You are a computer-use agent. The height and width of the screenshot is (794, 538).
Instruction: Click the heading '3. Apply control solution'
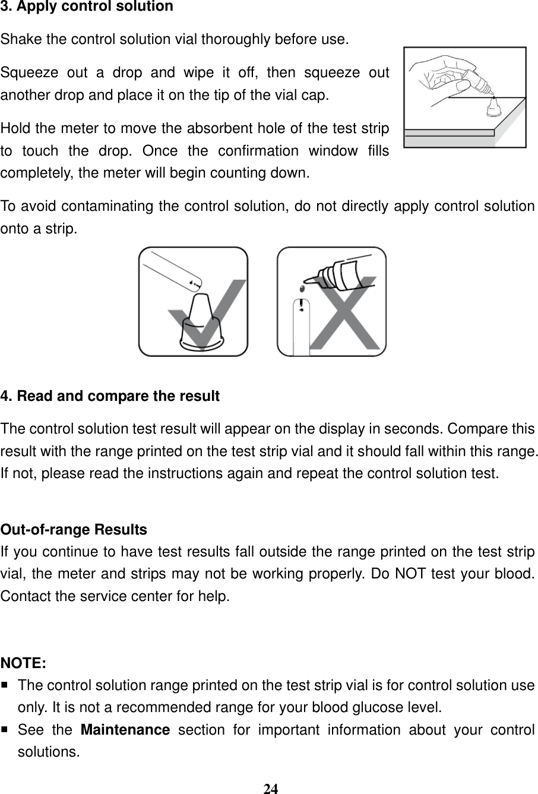pyautogui.click(x=87, y=7)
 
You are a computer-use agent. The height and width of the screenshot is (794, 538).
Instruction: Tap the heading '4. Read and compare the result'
pyautogui.click(x=110, y=396)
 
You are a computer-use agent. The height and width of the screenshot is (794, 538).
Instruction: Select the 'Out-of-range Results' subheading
pyautogui.click(x=74, y=529)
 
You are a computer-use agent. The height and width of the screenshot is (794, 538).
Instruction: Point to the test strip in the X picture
pyautogui.click(x=302, y=327)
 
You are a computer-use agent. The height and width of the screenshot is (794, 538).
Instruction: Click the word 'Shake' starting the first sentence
pyautogui.click(x=20, y=40)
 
